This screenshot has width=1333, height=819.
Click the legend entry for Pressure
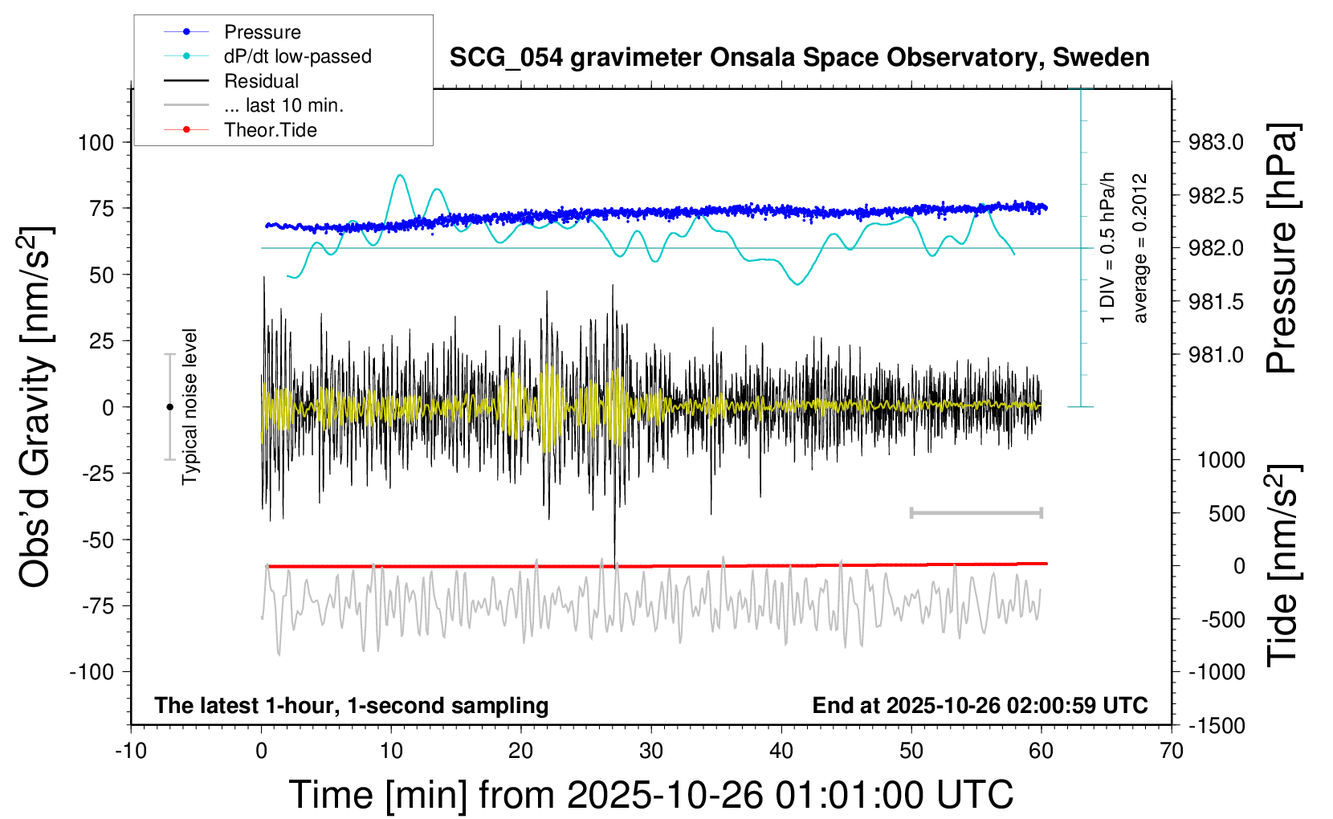tap(262, 32)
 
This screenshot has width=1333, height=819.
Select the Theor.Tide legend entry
tap(270, 130)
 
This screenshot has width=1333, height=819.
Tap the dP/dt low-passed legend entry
tap(297, 56)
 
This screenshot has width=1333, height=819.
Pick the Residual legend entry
tap(261, 81)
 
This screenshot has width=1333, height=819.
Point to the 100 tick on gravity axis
tap(96, 143)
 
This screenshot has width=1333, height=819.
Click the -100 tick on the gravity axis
tap(92, 672)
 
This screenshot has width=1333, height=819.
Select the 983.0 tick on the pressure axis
tap(1216, 143)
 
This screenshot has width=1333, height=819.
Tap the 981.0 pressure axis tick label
tap(1216, 355)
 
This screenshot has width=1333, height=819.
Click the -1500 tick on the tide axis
tap(1216, 726)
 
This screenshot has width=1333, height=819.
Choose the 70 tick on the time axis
tap(1172, 752)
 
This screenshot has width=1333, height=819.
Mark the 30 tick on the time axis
tap(651, 752)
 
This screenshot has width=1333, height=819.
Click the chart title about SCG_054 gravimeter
tap(799, 58)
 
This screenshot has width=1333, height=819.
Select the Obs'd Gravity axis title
tap(36, 407)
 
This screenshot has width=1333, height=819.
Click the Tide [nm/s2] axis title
tap(1282, 566)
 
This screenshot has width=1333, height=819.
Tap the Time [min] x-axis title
tap(650, 795)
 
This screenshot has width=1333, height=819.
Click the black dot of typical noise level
tap(169, 407)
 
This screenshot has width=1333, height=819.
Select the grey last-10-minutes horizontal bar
tap(976, 512)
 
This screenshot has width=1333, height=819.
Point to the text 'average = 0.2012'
tap(1140, 249)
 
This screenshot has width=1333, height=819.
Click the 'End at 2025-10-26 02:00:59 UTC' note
tap(980, 706)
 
